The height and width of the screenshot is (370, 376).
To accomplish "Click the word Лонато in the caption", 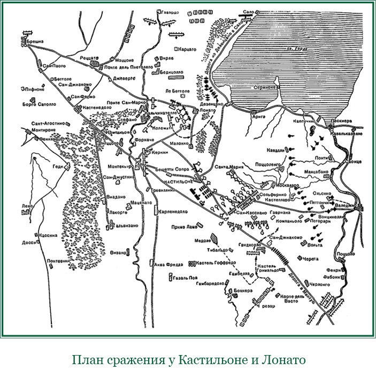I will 281,359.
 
